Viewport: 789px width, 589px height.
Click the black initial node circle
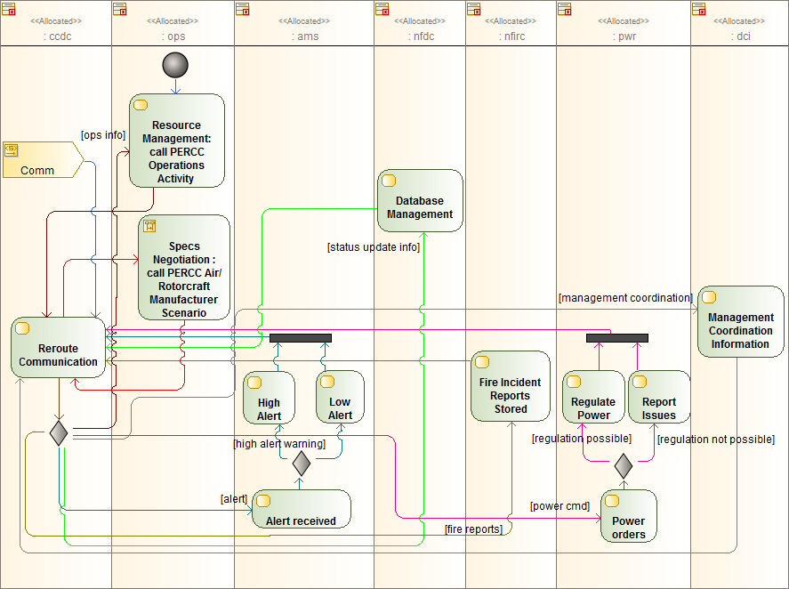(x=176, y=65)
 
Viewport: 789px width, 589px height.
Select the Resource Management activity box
(x=176, y=141)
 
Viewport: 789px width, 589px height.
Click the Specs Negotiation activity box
(x=184, y=267)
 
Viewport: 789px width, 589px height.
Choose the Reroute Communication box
(x=59, y=354)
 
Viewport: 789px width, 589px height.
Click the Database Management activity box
(x=420, y=201)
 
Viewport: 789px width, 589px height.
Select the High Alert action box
(x=269, y=398)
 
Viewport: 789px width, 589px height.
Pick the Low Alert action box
(x=340, y=398)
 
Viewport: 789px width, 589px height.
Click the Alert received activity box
(x=301, y=509)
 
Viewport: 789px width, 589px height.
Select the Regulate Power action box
(x=593, y=397)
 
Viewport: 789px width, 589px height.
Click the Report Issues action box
(x=658, y=397)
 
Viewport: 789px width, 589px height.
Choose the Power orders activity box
(x=628, y=516)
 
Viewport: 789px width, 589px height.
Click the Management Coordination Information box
(x=740, y=321)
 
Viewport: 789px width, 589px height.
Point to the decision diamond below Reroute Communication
(x=59, y=432)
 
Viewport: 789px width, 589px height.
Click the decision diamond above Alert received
(x=301, y=463)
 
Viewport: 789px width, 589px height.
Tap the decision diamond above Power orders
(x=624, y=464)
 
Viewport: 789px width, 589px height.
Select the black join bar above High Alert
(x=301, y=338)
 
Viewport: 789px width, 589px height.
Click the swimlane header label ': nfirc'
(x=511, y=36)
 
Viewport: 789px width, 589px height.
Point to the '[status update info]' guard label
(x=373, y=246)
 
